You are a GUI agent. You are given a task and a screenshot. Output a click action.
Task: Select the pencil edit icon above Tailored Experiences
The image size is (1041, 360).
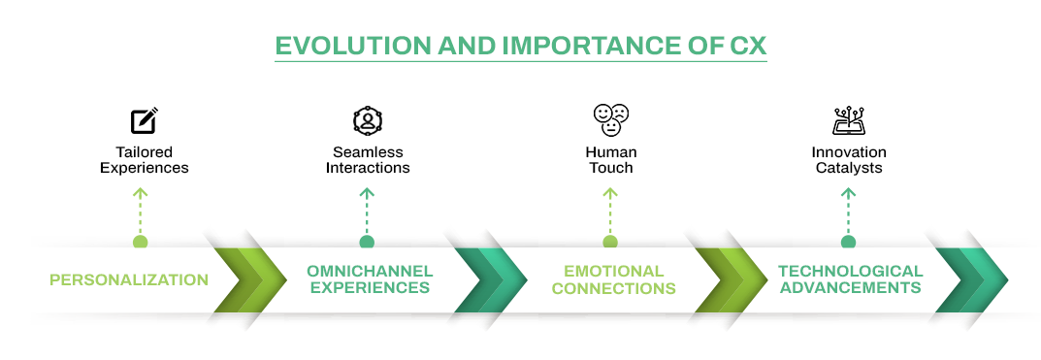point(144,120)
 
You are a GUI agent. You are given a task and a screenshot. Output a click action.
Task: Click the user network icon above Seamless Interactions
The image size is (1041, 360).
point(368,120)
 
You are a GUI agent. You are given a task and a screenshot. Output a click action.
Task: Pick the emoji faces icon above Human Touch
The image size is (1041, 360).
point(610,119)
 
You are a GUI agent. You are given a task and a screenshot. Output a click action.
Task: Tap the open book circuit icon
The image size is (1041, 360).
point(848,120)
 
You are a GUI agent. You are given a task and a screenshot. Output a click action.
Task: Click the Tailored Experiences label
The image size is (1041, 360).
point(144,160)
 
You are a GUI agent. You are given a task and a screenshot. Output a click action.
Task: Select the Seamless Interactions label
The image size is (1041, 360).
point(368,160)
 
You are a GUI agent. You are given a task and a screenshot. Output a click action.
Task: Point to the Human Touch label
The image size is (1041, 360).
point(610,160)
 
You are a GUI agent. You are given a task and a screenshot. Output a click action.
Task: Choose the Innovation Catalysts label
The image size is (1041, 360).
point(848,160)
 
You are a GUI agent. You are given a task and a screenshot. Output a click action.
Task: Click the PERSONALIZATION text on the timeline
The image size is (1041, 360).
point(129,280)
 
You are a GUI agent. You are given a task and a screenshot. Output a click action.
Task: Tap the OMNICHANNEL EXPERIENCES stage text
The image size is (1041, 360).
point(370,279)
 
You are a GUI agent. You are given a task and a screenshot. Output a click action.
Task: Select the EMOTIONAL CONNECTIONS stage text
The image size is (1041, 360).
point(613,279)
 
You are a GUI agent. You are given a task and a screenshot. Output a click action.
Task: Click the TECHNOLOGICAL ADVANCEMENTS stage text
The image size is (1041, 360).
point(850,279)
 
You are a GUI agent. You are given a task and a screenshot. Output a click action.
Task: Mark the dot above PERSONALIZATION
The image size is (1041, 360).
point(140,242)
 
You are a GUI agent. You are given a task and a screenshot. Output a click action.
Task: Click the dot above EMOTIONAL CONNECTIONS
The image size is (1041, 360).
point(609,242)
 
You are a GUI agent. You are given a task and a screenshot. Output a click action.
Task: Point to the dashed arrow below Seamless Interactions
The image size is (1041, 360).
point(367,208)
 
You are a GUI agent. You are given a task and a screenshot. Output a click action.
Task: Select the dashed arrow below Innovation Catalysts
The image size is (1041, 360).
point(848,208)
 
